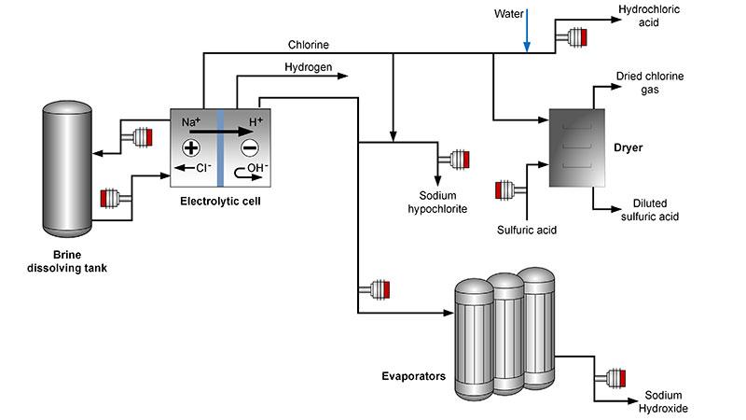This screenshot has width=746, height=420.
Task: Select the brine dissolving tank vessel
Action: point(68,172)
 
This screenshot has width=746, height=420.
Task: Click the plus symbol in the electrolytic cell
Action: point(191,147)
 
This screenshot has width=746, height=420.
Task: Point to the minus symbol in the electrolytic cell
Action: point(249,147)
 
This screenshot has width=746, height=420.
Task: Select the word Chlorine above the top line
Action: point(308,44)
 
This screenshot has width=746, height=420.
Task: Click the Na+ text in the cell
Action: point(191,122)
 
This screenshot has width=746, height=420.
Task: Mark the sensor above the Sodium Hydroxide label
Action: point(616,376)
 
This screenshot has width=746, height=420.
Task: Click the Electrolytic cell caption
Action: point(217,201)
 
